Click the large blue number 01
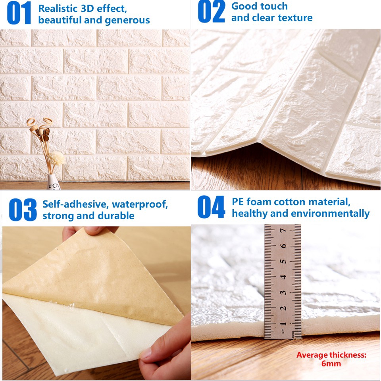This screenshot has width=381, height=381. (x=19, y=13)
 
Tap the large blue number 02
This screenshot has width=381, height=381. (x=211, y=12)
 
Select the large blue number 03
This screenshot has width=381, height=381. (x=23, y=210)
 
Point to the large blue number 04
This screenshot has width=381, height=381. (x=211, y=207)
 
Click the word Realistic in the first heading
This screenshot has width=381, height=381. (x=57, y=8)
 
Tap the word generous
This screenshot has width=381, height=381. (x=127, y=20)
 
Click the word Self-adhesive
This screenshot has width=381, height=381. (x=75, y=204)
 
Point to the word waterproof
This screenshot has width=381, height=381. (x=140, y=205)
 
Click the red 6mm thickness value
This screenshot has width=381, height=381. (x=331, y=364)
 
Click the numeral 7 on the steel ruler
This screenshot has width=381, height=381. (x=283, y=230)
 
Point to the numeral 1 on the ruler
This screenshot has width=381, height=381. (x=283, y=323)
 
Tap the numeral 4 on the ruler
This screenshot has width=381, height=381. (x=283, y=277)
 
